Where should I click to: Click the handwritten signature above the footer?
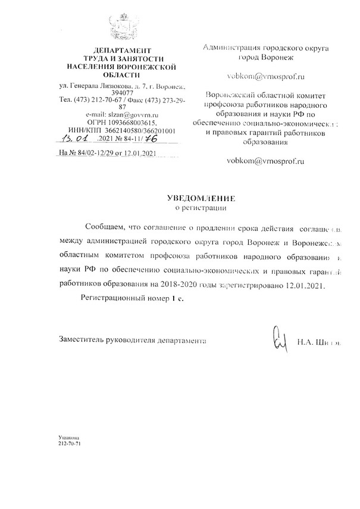[x=280, y=341]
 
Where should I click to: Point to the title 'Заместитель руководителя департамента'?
[x=132, y=343]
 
